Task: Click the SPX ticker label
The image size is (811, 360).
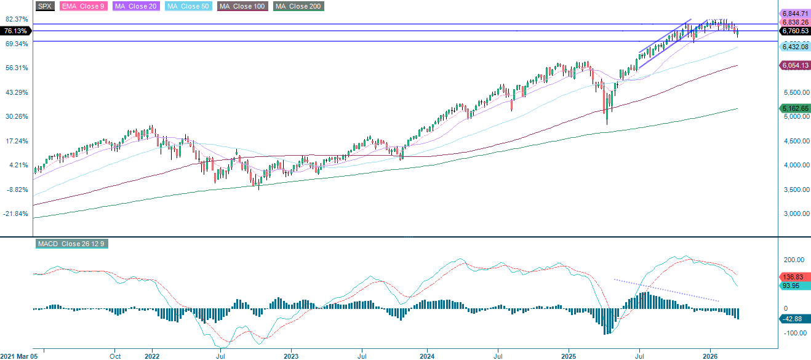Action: [45, 6]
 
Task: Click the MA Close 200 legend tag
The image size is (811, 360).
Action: [298, 6]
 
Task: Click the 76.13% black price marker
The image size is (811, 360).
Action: [15, 31]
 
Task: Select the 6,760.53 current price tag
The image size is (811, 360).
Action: [794, 30]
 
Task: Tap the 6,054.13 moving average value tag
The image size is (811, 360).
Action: [794, 65]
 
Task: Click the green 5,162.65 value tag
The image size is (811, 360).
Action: [794, 108]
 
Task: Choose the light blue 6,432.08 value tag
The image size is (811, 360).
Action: [794, 47]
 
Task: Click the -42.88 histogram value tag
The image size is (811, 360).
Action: [793, 318]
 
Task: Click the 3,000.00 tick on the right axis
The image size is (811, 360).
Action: [793, 214]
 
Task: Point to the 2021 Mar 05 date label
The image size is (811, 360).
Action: [19, 356]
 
